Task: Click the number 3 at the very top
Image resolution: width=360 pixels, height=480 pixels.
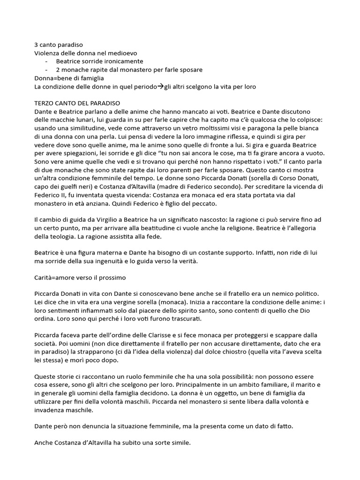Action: (37, 45)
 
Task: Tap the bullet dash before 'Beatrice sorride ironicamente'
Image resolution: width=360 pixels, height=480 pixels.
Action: (46, 61)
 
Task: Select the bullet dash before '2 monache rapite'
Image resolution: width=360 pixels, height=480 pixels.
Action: (46, 70)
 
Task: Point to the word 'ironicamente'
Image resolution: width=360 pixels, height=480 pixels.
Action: (122, 61)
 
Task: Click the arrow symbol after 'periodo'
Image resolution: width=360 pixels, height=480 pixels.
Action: (160, 87)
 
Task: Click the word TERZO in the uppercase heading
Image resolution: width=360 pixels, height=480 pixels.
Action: (45, 104)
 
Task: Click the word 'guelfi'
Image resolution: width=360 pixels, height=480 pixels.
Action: (80, 188)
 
